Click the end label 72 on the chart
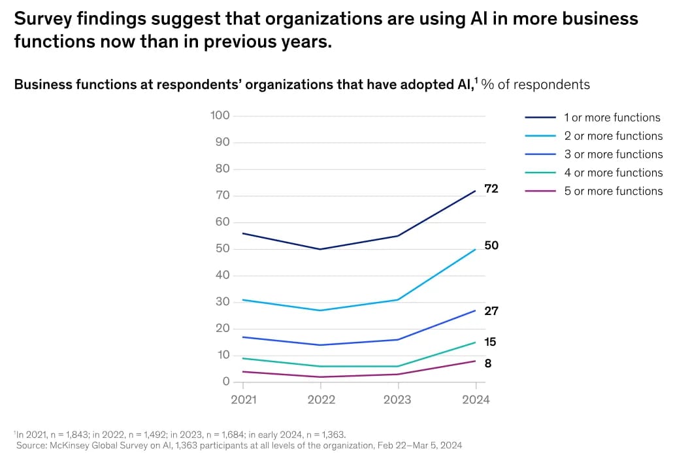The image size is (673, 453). [491, 189]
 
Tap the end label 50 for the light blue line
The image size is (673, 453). [491, 246]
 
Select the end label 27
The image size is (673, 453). [491, 311]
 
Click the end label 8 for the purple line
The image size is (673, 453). [488, 363]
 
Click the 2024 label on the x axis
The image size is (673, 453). [476, 399]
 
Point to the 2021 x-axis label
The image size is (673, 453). [244, 399]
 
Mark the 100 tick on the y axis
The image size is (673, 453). [220, 116]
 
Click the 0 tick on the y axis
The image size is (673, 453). [226, 382]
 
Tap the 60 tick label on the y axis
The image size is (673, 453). [222, 222]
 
